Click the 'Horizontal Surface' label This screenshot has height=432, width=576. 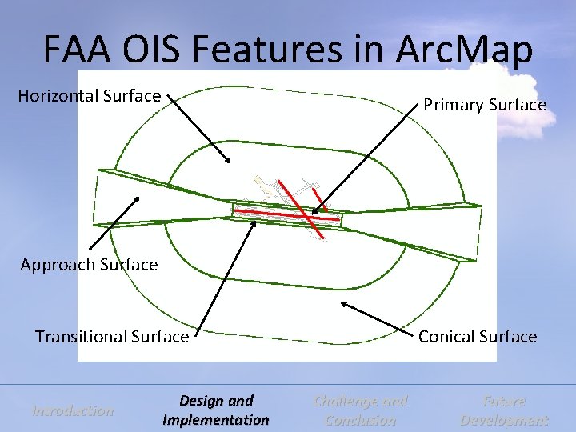click(x=90, y=96)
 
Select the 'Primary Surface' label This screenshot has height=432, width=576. click(x=485, y=105)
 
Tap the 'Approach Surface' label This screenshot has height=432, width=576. click(x=90, y=265)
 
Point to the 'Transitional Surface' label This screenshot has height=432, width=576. click(x=112, y=337)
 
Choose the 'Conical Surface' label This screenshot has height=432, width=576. click(x=478, y=337)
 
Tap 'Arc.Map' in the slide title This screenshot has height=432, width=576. click(x=464, y=50)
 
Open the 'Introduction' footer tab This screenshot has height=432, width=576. click(x=73, y=410)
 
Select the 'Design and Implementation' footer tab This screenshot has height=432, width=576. click(x=216, y=410)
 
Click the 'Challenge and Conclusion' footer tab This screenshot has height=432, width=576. click(x=361, y=410)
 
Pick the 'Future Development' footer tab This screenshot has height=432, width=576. click(x=504, y=410)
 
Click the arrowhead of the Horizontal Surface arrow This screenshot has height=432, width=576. click(x=229, y=162)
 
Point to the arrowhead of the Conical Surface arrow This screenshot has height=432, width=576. click(x=343, y=302)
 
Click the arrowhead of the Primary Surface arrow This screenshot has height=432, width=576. click(x=314, y=213)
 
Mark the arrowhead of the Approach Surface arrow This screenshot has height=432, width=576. click(x=138, y=196)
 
